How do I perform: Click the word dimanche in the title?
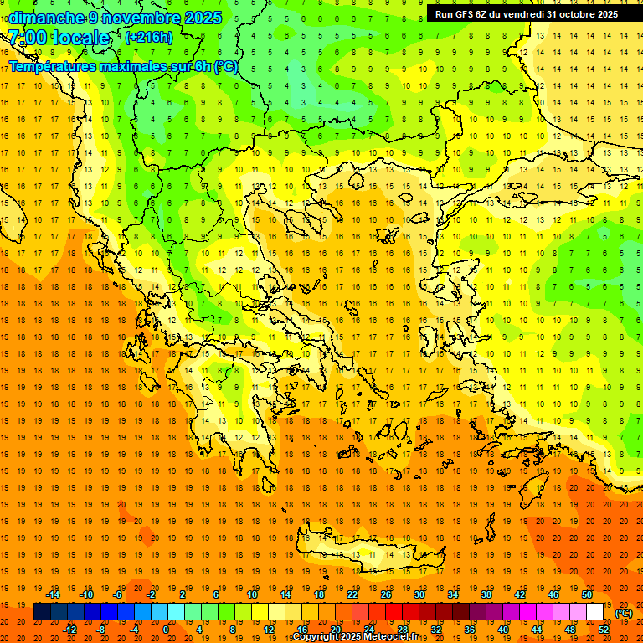tap(47, 18)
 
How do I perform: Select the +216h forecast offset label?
tap(149, 37)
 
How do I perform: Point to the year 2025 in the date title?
tap(202, 18)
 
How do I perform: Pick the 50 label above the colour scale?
tap(587, 594)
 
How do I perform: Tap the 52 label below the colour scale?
tap(604, 630)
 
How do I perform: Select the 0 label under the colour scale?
tap(166, 630)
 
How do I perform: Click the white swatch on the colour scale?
tap(595, 612)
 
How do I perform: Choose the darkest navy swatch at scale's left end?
tap(42, 612)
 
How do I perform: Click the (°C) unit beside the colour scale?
tap(624, 613)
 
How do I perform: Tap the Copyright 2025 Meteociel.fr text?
tap(355, 637)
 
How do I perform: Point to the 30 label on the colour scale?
tap(419, 594)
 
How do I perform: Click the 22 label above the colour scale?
tap(352, 594)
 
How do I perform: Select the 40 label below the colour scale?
tap(503, 630)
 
